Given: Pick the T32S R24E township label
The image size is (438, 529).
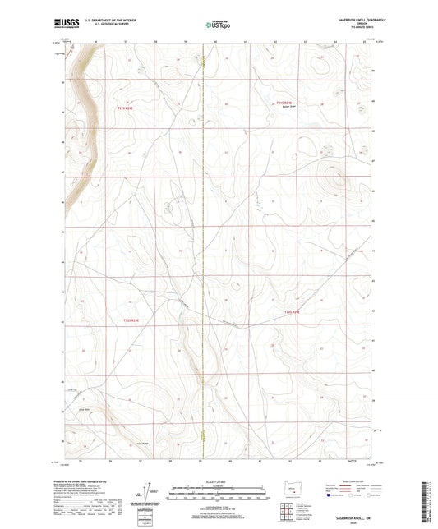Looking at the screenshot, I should [x=293, y=312].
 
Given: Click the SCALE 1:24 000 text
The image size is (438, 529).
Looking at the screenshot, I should [x=218, y=481].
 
